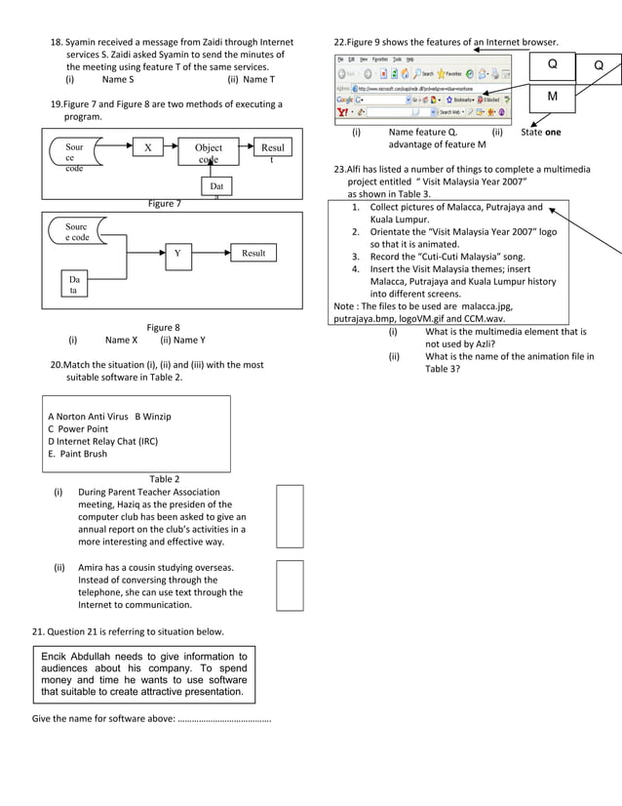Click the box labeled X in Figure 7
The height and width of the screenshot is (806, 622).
tap(147, 148)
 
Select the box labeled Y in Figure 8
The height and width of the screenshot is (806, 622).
tap(176, 254)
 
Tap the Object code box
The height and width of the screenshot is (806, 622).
tap(209, 153)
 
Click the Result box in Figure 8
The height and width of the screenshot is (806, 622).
tap(253, 253)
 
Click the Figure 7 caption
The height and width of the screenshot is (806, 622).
tap(164, 204)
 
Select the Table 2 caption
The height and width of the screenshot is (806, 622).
tap(164, 479)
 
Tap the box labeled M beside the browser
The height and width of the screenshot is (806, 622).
tap(553, 98)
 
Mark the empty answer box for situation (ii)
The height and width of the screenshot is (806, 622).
tap(290, 584)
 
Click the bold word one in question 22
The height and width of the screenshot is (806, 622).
tap(553, 133)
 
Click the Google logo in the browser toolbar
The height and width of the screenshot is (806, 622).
tap(345, 100)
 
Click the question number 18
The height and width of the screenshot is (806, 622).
tap(57, 43)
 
